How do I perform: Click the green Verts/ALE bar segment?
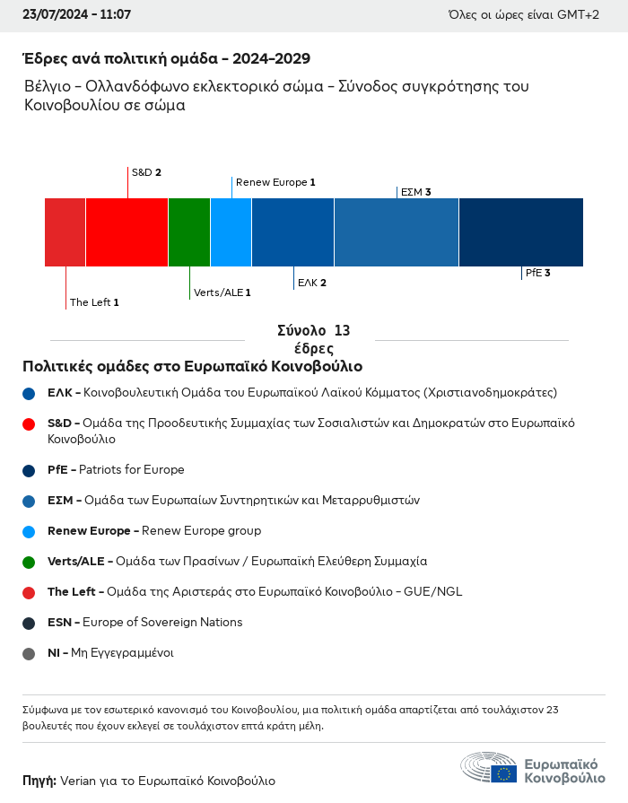coord(189,232)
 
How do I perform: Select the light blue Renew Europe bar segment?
coord(231,232)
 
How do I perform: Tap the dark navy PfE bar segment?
coord(521,232)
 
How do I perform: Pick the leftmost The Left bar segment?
coord(65,232)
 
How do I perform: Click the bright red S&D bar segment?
coord(127,232)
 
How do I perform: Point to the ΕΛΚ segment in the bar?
coord(293,232)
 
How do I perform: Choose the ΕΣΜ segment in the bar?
coord(397,232)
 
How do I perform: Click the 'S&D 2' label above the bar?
coord(146,172)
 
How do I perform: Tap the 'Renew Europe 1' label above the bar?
coord(275,182)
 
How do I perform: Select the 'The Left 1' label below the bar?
coord(94,302)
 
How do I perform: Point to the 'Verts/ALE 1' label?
coord(222,292)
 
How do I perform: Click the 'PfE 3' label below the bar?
coord(538,273)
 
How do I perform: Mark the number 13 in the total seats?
coord(342,330)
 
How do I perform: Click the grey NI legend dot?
coord(29,653)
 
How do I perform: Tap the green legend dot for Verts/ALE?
coord(29,562)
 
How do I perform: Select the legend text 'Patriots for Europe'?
coord(132,469)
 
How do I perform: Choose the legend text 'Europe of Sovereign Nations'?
coord(162,623)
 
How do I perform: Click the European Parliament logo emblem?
coord(489,767)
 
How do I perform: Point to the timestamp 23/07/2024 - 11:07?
coord(77,14)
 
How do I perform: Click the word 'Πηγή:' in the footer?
coord(39,781)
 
